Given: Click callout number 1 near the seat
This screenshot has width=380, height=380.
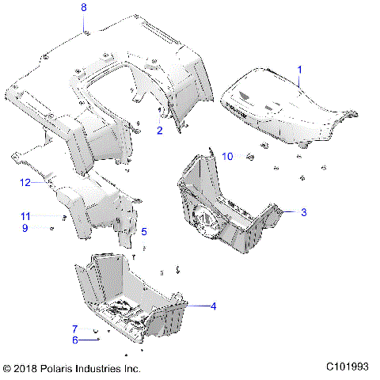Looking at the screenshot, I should pos(299,70).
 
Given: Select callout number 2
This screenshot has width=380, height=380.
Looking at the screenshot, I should pos(159,130).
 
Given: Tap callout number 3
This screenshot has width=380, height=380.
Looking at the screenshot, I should pos(302,212).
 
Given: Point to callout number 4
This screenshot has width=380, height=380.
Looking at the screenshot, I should pos(211,306).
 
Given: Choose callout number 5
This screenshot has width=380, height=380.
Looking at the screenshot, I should pos(144,232).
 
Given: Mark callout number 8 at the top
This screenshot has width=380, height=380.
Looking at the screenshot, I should pos(85,8).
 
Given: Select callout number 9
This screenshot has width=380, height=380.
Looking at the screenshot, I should pos(25,228).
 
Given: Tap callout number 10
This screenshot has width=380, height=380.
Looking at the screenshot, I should pos(226,156).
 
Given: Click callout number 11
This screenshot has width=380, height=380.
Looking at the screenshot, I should pos(25,216).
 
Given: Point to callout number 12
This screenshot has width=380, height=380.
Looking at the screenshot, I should pos(25,183).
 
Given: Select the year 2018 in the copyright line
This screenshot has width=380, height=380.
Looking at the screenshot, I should pos(31,369).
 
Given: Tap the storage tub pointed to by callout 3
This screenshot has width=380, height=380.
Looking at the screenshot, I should pos(230,206).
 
